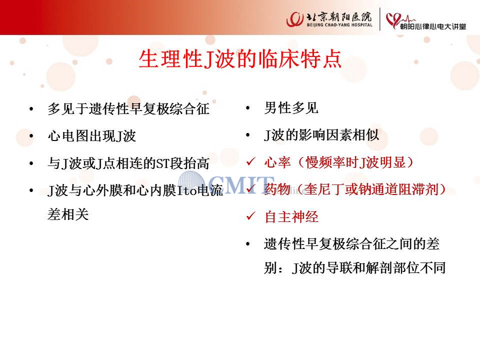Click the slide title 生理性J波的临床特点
240,59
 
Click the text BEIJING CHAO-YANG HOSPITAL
339,25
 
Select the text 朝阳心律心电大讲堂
433,26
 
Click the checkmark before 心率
250,161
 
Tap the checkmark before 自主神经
250,216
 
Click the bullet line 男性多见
291,108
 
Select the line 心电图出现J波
91,135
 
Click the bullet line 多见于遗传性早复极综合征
128,108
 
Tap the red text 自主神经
291,216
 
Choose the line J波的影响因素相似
321,135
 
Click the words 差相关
68,214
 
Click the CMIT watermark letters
241,184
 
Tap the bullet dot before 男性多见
248,108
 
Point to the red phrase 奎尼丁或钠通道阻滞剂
370,189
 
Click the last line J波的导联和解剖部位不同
369,268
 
